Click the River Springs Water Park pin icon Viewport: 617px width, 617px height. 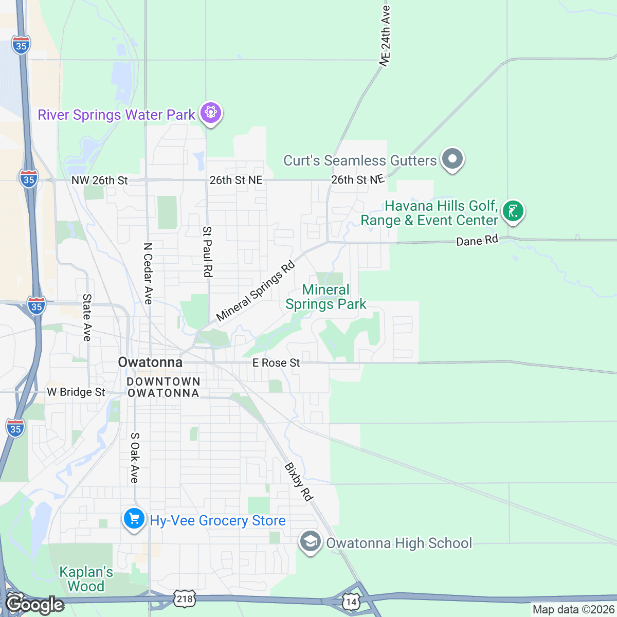[x=210, y=112]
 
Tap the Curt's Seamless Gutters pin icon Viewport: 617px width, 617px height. [x=452, y=159]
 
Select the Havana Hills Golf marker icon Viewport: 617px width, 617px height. [x=513, y=211]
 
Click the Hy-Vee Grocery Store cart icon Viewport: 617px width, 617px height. [x=134, y=518]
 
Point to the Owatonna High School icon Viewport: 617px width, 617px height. [x=310, y=542]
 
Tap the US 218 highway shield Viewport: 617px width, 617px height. [x=185, y=598]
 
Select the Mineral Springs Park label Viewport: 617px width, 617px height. [x=326, y=297]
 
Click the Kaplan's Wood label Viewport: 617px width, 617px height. [x=86, y=579]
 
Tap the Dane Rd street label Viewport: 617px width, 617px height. [x=477, y=241]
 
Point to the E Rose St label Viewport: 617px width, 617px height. [x=276, y=363]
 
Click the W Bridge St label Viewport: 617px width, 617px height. [x=76, y=392]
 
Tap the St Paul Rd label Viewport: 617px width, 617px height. [x=207, y=251]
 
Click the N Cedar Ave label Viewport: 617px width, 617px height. [x=148, y=274]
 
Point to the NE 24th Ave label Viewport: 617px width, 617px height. [x=385, y=35]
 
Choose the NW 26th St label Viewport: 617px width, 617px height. [x=99, y=180]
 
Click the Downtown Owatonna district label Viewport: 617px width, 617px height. [x=163, y=387]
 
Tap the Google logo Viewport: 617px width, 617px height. [x=34, y=604]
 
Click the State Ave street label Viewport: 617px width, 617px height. [x=87, y=317]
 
